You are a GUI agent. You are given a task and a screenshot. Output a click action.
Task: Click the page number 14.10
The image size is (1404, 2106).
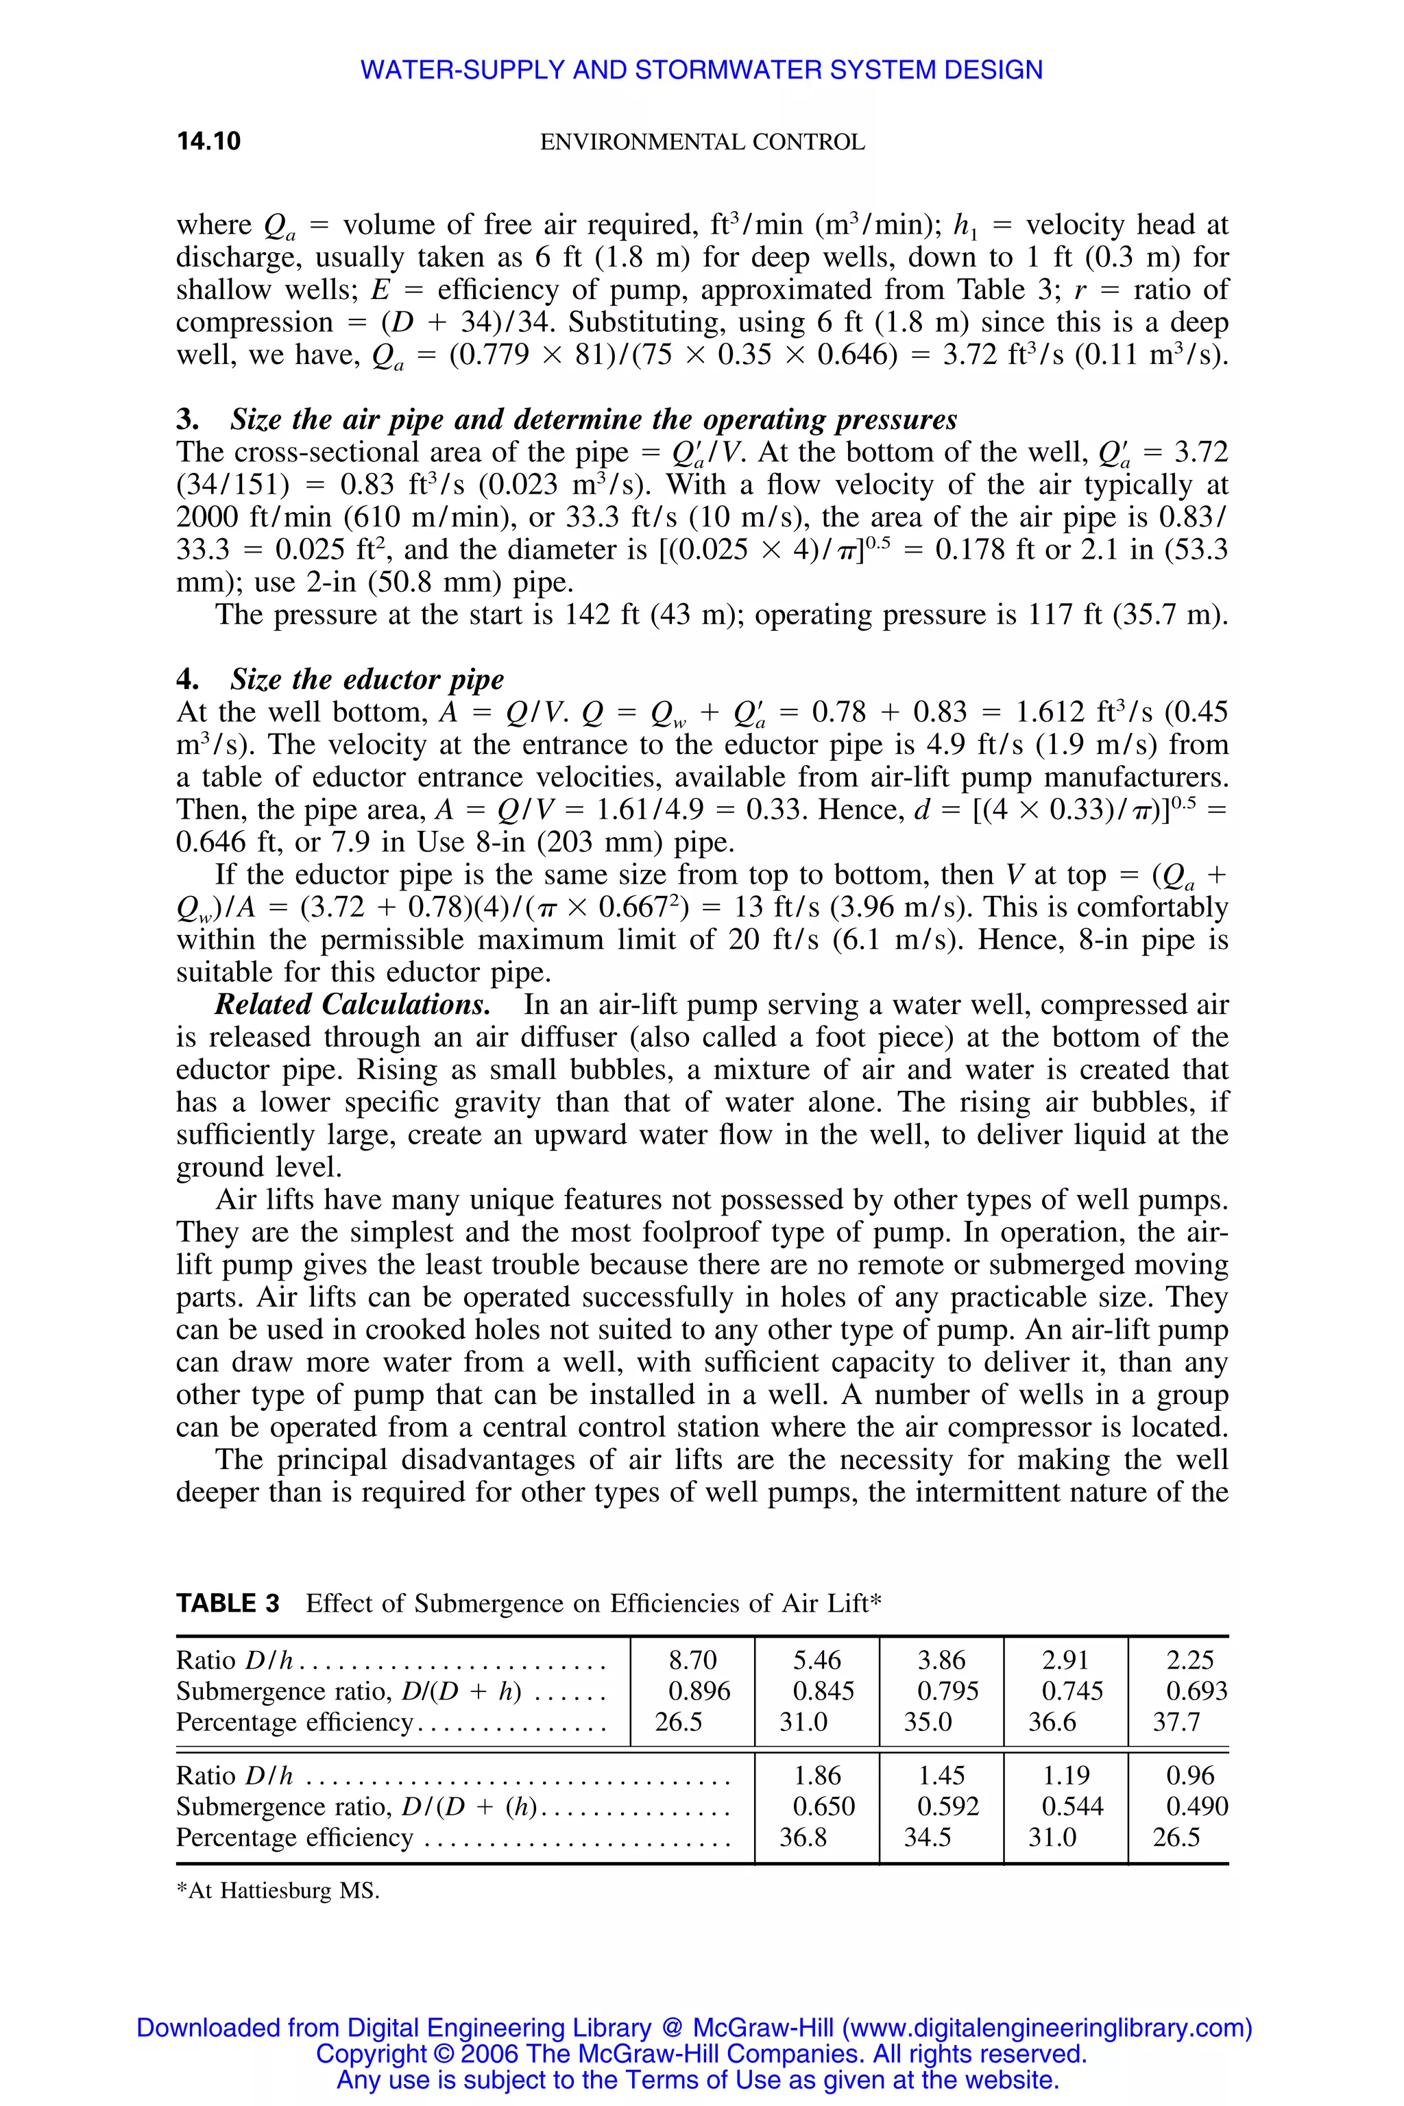pyautogui.click(x=208, y=141)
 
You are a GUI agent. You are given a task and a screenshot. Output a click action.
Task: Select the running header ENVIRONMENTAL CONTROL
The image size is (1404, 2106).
pyautogui.click(x=702, y=143)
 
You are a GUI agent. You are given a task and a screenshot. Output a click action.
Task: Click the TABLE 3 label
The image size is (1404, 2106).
pyautogui.click(x=228, y=1603)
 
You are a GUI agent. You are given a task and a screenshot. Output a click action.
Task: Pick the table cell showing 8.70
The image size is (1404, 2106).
pyautogui.click(x=693, y=1660)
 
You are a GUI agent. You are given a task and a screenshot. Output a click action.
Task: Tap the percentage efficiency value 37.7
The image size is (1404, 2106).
pyautogui.click(x=1176, y=1722)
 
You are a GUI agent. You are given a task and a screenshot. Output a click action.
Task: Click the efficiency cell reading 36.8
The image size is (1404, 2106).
pyautogui.click(x=803, y=1837)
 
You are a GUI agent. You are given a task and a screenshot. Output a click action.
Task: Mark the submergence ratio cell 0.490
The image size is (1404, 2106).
pyautogui.click(x=1196, y=1806)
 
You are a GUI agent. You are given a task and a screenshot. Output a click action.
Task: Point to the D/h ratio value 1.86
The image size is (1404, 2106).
pyautogui.click(x=816, y=1775)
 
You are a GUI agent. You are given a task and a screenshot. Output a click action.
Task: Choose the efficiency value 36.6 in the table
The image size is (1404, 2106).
pyautogui.click(x=1052, y=1722)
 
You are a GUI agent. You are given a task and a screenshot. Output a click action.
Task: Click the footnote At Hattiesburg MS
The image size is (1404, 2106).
pyautogui.click(x=278, y=1891)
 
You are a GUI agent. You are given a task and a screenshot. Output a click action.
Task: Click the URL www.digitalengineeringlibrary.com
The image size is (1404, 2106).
pyautogui.click(x=1045, y=2028)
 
